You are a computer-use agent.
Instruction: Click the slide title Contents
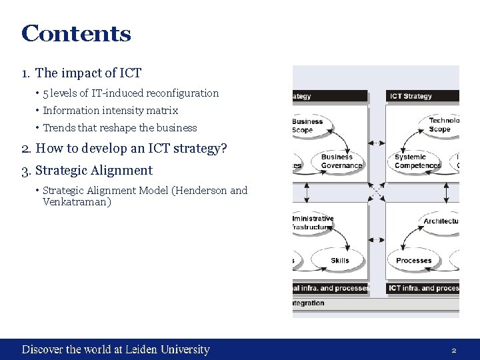click(x=76, y=33)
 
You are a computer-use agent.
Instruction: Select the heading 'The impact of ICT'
click(x=88, y=73)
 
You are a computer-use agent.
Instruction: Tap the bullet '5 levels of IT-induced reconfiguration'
click(x=131, y=93)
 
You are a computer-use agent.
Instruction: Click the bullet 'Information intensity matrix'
click(x=110, y=111)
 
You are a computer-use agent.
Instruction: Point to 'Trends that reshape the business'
click(x=120, y=128)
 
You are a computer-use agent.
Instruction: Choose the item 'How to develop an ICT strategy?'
click(x=131, y=148)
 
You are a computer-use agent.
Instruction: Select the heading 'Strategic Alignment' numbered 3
click(x=93, y=171)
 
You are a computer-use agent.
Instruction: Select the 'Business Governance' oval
click(x=341, y=162)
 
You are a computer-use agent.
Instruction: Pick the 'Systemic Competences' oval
click(x=417, y=162)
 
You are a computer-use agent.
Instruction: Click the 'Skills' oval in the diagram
click(x=339, y=261)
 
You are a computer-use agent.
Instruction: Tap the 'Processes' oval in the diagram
click(x=414, y=261)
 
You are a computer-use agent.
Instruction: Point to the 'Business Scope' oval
click(x=308, y=126)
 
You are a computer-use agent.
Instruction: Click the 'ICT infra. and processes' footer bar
click(x=423, y=288)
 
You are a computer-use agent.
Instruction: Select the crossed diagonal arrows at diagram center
click(x=377, y=192)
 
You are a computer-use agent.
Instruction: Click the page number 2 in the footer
click(x=453, y=350)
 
